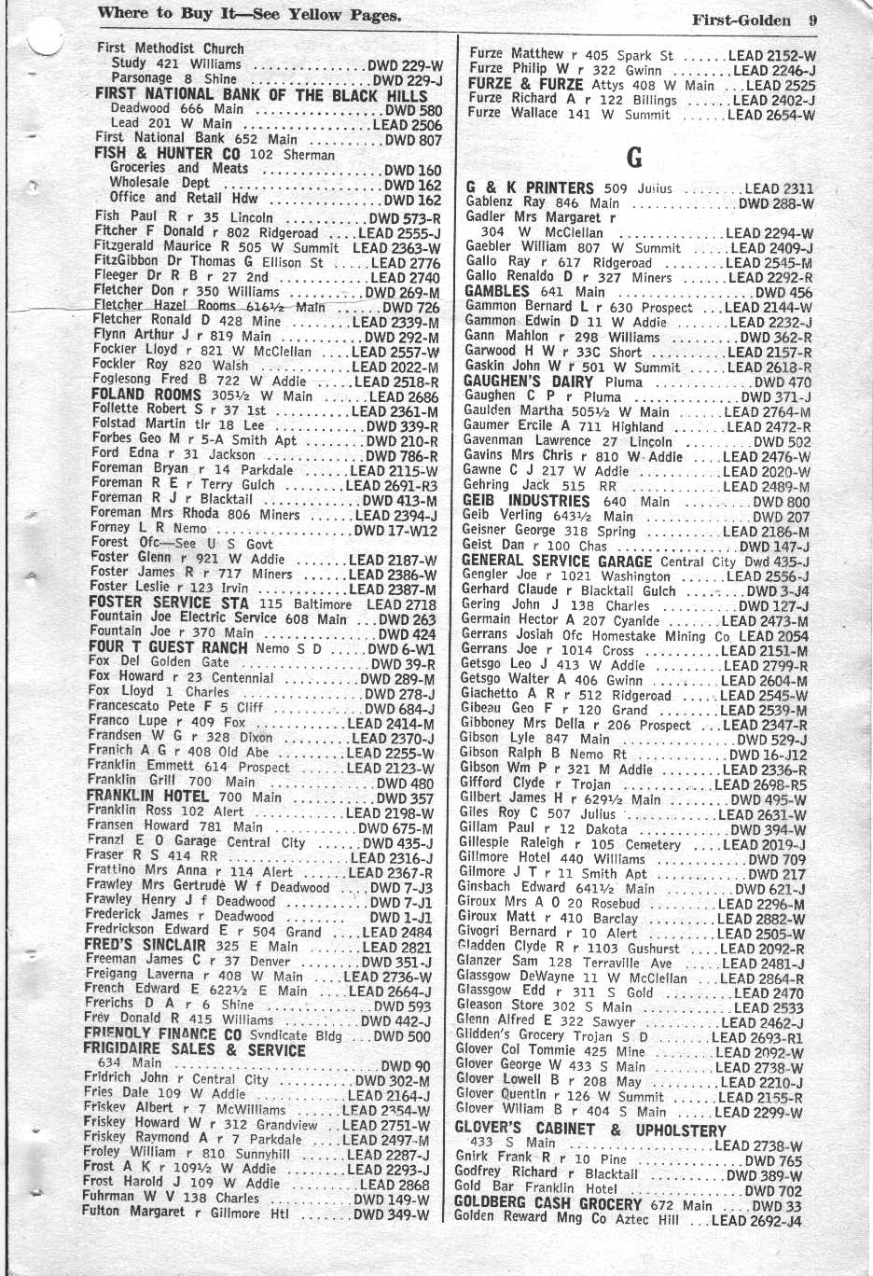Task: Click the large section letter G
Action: pyautogui.click(x=634, y=157)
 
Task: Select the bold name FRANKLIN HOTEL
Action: pyautogui.click(x=147, y=797)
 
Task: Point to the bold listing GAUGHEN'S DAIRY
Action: pyautogui.click(x=528, y=381)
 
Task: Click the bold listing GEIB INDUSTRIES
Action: pyautogui.click(x=527, y=501)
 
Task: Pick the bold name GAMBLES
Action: pyautogui.click(x=496, y=292)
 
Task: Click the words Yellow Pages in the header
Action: pyautogui.click(x=349, y=15)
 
